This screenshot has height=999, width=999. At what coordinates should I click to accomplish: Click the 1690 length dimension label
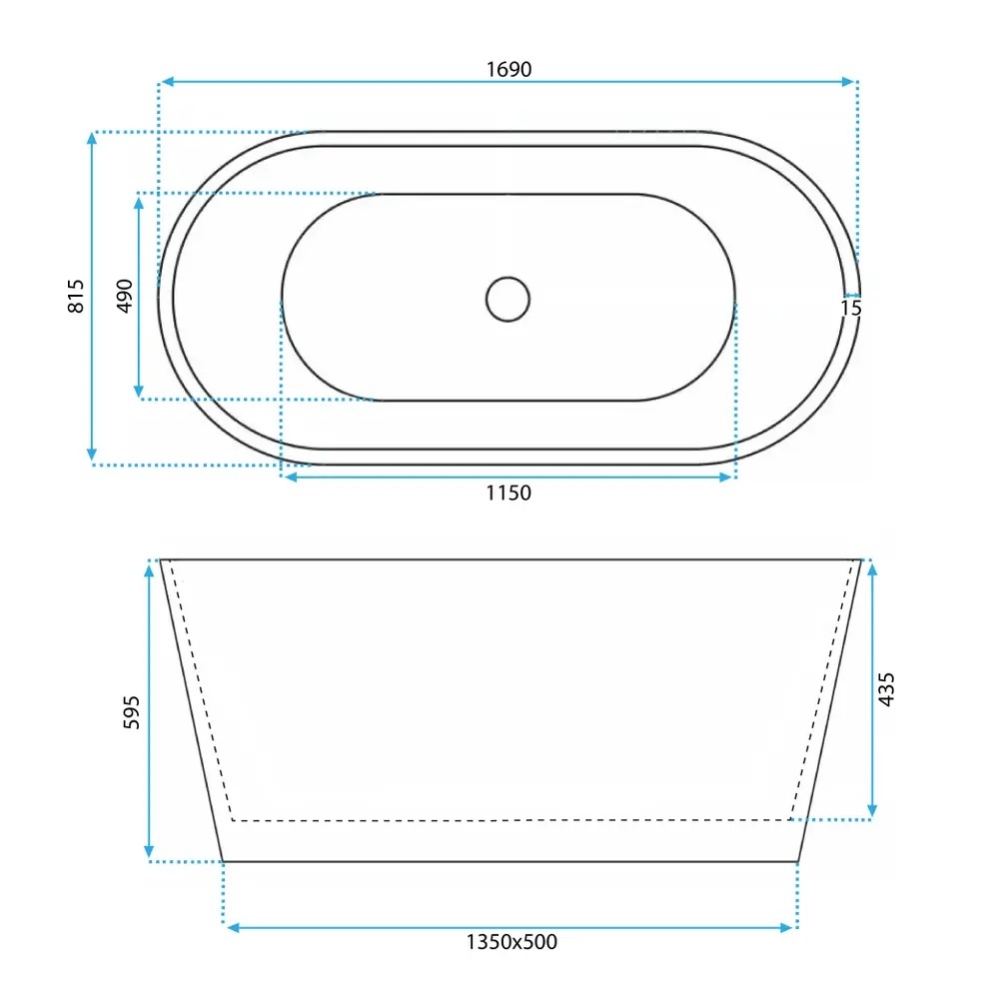pos(508,69)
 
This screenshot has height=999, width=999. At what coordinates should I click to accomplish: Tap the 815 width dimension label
pos(76,296)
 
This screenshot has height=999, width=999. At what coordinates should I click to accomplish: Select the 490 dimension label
pos(124,296)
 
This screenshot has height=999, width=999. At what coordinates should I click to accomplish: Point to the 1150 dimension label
pos(508,493)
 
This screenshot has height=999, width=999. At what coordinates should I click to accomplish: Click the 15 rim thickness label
pos(850,309)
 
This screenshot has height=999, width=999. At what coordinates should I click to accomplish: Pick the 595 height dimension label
pos(131,712)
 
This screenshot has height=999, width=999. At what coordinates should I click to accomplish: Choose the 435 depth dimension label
pos(886,688)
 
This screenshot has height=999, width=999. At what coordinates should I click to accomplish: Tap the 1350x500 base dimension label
pos(511,942)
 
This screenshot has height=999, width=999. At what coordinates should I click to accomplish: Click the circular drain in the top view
pos(507,299)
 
